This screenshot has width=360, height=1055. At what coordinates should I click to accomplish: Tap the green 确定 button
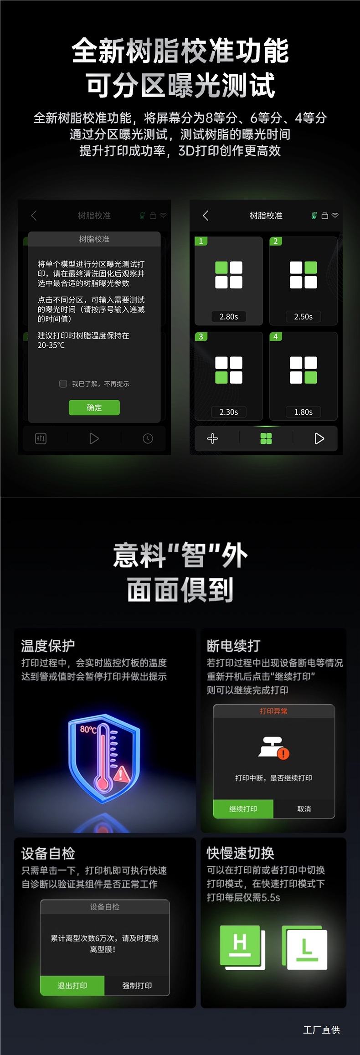(94, 407)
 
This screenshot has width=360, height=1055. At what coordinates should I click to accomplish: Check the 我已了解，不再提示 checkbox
(63, 384)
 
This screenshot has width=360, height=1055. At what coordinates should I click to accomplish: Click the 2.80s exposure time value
(229, 317)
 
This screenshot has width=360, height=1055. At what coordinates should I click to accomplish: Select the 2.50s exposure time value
(303, 317)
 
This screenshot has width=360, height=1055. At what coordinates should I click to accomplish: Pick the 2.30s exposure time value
(229, 412)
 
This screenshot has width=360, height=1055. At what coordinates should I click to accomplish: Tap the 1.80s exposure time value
(303, 412)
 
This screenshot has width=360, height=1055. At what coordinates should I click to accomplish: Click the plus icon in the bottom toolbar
(212, 438)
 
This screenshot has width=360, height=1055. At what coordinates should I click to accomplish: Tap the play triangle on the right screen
(319, 438)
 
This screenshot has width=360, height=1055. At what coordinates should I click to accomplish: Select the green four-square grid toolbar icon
(266, 438)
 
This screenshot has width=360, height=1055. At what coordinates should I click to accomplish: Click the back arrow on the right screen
(206, 216)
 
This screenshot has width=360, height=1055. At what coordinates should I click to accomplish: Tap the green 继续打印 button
(243, 809)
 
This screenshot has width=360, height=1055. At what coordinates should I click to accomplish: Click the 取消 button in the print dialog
(304, 809)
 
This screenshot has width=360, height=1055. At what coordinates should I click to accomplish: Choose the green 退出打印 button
(72, 985)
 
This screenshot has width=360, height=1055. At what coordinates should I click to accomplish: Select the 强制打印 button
(137, 985)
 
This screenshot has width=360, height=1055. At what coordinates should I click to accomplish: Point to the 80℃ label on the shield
(88, 730)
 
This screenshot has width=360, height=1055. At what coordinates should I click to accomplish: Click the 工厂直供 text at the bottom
(322, 1030)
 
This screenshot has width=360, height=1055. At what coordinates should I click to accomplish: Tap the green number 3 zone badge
(201, 336)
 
